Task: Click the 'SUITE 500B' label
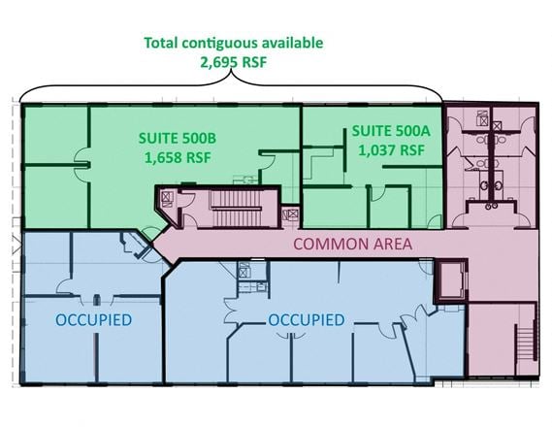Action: click(178, 138)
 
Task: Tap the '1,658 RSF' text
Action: click(178, 157)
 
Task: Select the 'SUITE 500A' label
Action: click(391, 131)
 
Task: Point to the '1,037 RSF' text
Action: click(391, 150)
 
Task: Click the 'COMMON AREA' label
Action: click(353, 244)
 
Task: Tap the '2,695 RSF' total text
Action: click(234, 62)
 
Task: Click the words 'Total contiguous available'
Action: click(234, 43)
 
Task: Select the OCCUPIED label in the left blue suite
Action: click(94, 320)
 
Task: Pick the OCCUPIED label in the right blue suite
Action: click(307, 320)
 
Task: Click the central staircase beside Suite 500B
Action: click(237, 209)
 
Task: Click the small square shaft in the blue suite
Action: click(244, 272)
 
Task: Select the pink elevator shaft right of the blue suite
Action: click(451, 280)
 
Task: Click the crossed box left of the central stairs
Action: click(166, 197)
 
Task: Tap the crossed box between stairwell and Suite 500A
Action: click(291, 214)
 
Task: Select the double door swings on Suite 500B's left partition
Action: click(82, 164)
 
